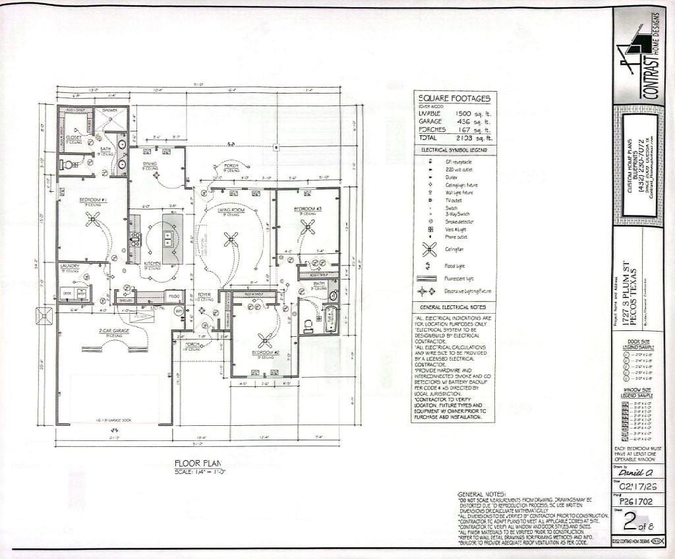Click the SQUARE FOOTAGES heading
454,98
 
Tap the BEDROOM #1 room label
93,199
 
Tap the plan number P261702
635,501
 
